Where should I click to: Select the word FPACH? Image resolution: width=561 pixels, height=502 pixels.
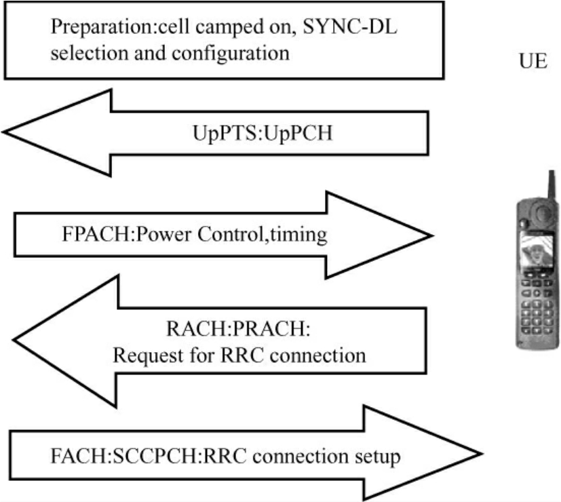pyautogui.click(x=88, y=235)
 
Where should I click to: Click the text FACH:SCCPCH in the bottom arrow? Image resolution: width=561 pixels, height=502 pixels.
pyautogui.click(x=113, y=455)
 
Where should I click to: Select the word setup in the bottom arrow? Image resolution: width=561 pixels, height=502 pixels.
pyautogui.click(x=379, y=455)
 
